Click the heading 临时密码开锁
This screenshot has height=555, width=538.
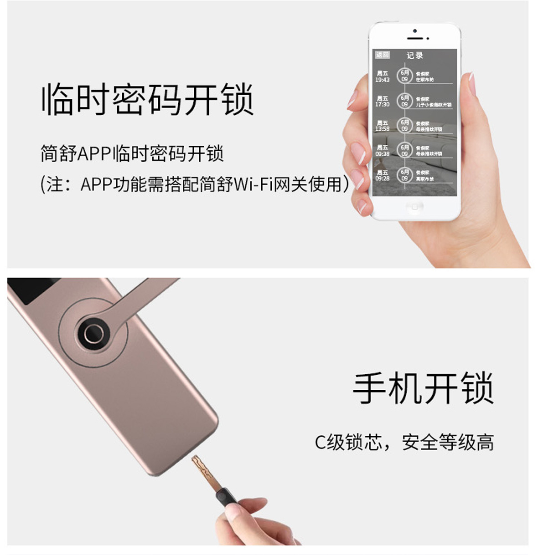click(147, 99)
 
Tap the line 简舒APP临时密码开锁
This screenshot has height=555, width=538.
click(132, 153)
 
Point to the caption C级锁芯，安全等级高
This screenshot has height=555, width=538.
click(404, 442)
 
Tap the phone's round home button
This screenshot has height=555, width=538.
click(414, 207)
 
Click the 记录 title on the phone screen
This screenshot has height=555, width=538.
click(414, 56)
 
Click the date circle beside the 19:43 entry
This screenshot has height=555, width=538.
click(404, 76)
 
